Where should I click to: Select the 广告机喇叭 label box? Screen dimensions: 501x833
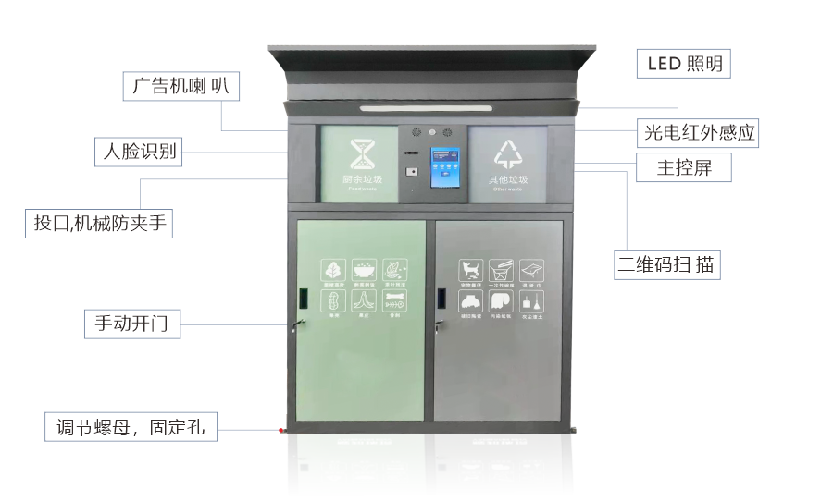pos(180,86)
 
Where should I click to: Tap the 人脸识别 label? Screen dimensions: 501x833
pos(138,151)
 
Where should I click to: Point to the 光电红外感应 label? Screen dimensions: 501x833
pos(700,132)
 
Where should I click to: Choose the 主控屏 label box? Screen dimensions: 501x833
pos(683,168)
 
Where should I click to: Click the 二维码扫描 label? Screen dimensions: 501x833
pos(667,265)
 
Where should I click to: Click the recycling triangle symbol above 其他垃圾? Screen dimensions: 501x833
pos(508,154)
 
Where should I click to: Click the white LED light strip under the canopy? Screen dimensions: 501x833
pos(426,108)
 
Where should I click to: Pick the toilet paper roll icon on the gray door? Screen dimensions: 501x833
pos(502,301)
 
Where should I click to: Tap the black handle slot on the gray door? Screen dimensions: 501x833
pos(441,297)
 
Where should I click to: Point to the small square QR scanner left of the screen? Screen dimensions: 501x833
pos(409,171)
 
